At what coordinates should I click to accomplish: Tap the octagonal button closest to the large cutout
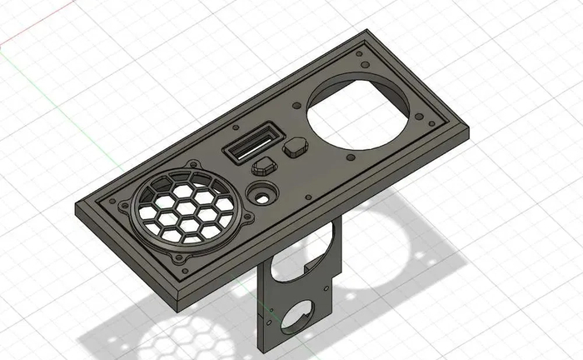pos(296,149)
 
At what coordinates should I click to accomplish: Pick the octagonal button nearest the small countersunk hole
pos(264,163)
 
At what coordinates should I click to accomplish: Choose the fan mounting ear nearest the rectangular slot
pos(193,165)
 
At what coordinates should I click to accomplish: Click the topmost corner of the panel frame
pos(366,32)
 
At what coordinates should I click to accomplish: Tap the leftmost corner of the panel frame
pos(77,208)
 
